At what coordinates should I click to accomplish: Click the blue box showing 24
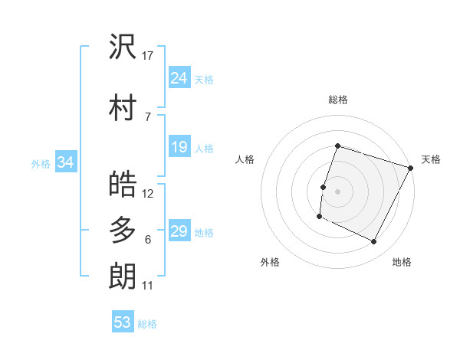179,78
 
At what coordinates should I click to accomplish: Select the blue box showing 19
179,147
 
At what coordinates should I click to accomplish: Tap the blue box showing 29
179,231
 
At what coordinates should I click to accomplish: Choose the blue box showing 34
65,162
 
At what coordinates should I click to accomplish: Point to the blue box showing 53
123,322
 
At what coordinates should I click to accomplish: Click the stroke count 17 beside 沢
148,56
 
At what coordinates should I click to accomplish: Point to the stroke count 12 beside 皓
148,194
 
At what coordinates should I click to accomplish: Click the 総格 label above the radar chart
337,100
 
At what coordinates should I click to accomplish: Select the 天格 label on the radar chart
431,159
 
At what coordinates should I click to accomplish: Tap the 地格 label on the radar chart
402,262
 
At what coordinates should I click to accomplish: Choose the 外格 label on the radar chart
270,262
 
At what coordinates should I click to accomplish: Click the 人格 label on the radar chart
245,159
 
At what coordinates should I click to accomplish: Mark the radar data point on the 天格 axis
411,168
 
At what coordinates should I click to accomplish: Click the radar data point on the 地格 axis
374,242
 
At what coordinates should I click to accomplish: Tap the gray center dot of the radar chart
337,191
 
